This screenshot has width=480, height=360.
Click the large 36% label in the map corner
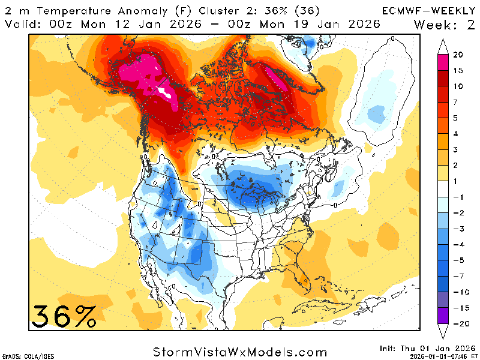(x=64, y=316)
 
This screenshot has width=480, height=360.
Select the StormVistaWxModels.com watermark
(x=240, y=352)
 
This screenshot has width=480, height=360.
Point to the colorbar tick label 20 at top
(x=458, y=55)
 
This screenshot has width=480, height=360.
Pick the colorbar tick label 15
(x=458, y=71)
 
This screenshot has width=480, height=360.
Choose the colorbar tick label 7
(x=458, y=102)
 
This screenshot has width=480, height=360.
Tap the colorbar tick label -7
(x=458, y=277)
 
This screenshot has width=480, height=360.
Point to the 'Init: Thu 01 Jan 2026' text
(x=427, y=347)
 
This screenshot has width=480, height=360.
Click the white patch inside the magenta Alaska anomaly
(x=163, y=91)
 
